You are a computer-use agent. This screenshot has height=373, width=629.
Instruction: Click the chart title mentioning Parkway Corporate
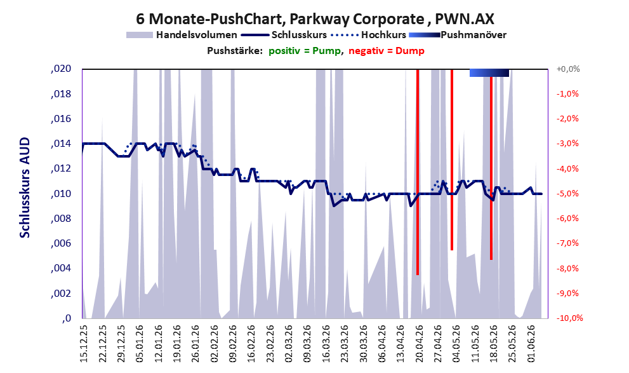(x=315, y=18)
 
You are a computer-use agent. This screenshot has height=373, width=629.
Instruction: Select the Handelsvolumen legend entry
(x=182, y=35)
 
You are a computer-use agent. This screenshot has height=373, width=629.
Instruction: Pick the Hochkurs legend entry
(x=369, y=35)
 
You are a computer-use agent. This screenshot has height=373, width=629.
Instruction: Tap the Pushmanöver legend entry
(x=458, y=35)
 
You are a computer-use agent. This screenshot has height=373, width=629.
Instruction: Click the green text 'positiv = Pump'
(x=305, y=51)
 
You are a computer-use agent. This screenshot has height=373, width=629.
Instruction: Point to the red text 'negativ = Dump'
(x=387, y=51)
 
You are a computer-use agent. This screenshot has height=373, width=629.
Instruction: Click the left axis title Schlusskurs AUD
(x=25, y=187)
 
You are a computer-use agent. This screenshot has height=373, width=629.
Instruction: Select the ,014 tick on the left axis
(x=61, y=144)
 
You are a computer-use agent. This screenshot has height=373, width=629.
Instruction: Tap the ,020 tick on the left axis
(x=61, y=69)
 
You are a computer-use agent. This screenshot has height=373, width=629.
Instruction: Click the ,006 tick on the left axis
(x=61, y=243)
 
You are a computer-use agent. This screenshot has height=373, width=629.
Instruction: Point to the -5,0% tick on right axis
(x=567, y=194)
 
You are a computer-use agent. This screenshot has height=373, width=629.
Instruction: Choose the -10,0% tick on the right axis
(x=569, y=318)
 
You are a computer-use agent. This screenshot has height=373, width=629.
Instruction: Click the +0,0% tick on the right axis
(x=568, y=69)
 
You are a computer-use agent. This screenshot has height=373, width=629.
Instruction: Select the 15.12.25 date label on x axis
(x=84, y=344)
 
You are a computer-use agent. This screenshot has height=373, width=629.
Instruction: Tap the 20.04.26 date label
(x=420, y=344)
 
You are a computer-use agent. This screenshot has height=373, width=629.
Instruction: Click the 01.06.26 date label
(x=531, y=344)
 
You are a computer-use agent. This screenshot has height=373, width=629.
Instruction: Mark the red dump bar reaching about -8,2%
(x=418, y=172)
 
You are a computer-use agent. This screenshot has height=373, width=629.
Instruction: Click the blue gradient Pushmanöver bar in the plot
(x=489, y=72)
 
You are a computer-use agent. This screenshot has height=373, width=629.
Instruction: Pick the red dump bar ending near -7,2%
(x=452, y=159)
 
